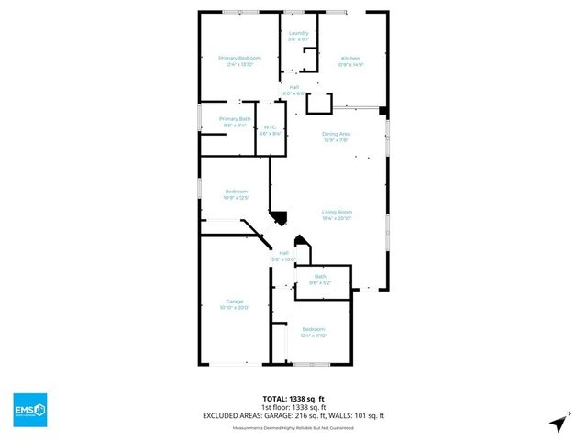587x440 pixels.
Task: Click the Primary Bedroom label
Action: (235, 59)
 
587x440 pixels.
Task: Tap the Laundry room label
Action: (298, 34)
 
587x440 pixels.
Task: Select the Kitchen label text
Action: (350, 59)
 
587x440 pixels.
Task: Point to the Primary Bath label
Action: (235, 119)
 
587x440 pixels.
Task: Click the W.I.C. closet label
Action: (271, 127)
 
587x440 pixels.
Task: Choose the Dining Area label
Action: (338, 134)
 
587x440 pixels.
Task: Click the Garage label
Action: (235, 302)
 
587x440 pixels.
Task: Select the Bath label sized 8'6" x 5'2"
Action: (320, 277)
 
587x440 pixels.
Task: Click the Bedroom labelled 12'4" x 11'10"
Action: (314, 328)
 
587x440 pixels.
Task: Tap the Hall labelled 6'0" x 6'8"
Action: (293, 87)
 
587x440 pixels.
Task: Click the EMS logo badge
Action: (29, 409)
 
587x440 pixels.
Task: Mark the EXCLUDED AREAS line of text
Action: (293, 415)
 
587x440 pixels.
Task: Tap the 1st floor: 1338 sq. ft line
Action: (293, 408)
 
